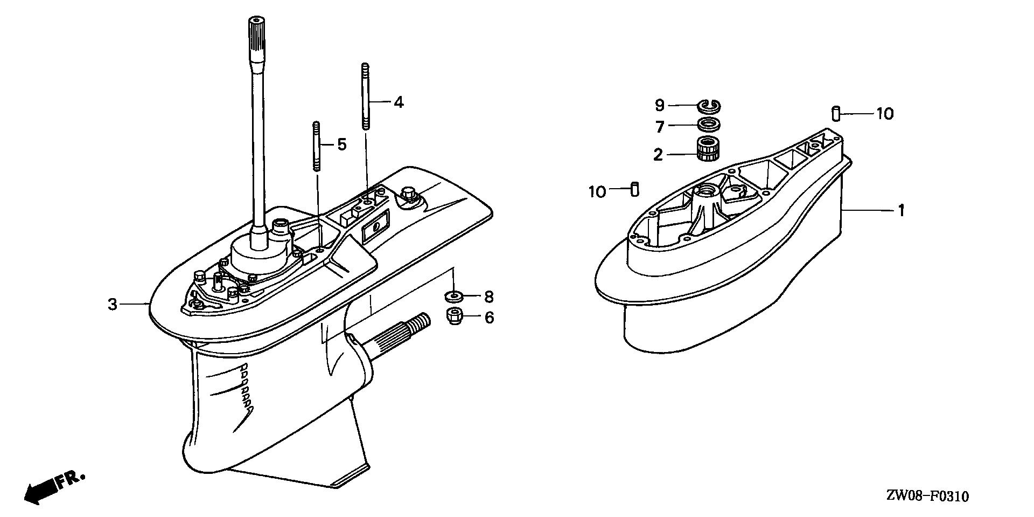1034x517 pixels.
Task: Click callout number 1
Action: pyautogui.click(x=900, y=210)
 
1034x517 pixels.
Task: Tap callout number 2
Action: pyautogui.click(x=658, y=155)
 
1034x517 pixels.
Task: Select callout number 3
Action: pyautogui.click(x=112, y=305)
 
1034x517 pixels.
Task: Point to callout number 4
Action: pyautogui.click(x=398, y=102)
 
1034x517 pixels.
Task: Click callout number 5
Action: pyautogui.click(x=341, y=144)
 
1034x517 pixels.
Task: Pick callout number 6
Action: pyautogui.click(x=488, y=318)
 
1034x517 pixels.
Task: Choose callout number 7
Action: pyautogui.click(x=660, y=127)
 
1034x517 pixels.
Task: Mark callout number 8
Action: pyautogui.click(x=488, y=297)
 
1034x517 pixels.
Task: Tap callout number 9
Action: pyautogui.click(x=660, y=105)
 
